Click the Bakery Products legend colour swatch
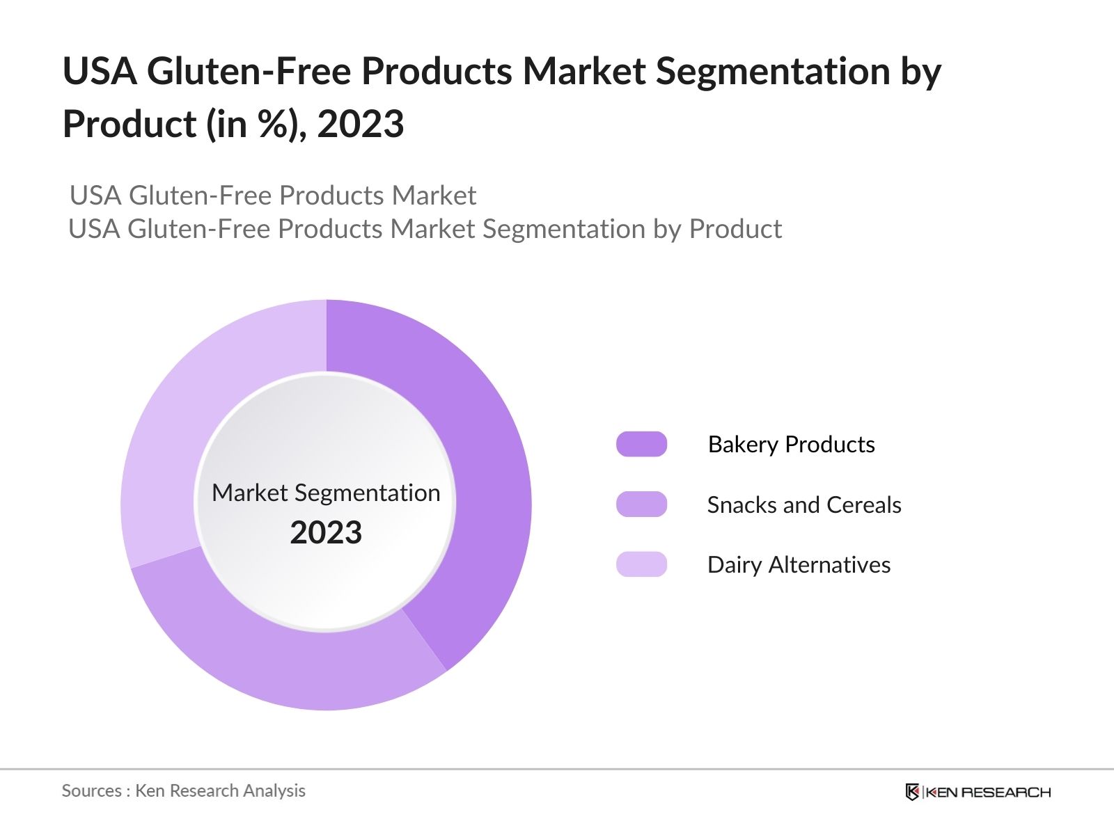click(x=641, y=444)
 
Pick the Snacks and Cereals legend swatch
click(x=641, y=504)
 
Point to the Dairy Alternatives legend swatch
click(x=641, y=564)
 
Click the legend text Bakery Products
click(x=791, y=444)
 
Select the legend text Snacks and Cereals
click(x=803, y=504)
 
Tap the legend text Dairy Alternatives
click(x=799, y=564)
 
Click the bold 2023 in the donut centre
click(x=326, y=533)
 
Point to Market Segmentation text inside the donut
click(x=326, y=493)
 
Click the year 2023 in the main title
click(x=360, y=125)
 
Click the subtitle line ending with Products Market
click(x=273, y=196)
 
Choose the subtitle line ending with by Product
click(x=425, y=229)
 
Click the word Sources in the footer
click(x=91, y=790)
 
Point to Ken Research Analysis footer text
click(x=220, y=790)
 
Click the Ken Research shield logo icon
click(x=912, y=792)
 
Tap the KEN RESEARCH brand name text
click(x=988, y=792)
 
